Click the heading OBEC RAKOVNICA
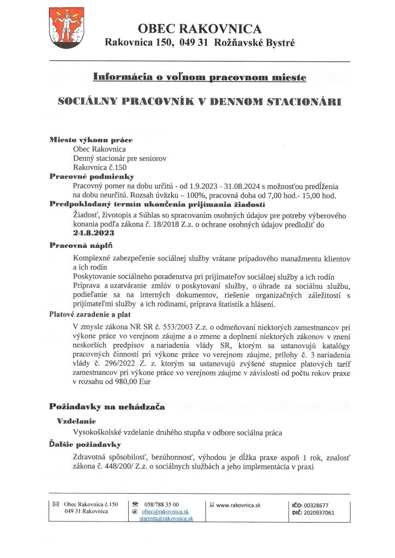(200, 29)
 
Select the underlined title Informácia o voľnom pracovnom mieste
(199, 77)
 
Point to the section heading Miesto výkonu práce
(91, 140)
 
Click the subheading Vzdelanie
(77, 421)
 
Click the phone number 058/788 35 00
(160, 505)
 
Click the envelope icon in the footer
(55, 505)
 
